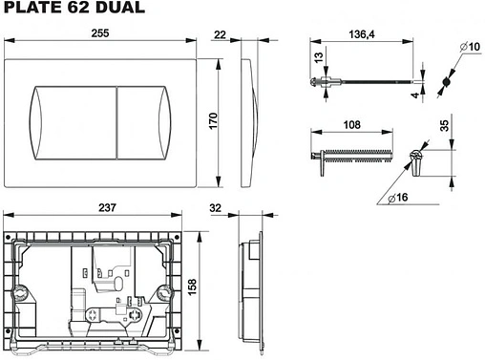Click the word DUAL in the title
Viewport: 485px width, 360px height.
coord(120,7)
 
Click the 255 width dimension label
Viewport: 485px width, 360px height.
coord(100,33)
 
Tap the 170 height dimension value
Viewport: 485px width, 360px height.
coord(213,120)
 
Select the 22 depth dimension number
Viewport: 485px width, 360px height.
coord(220,34)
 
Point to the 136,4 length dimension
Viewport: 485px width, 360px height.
coord(362,34)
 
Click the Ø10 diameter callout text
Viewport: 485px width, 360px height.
coord(470,47)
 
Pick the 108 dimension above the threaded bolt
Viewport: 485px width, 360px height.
coord(351,125)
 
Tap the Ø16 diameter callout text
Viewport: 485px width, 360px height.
coord(398,198)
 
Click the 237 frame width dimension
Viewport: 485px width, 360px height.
coord(107,207)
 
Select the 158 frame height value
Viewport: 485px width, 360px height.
coord(192,287)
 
